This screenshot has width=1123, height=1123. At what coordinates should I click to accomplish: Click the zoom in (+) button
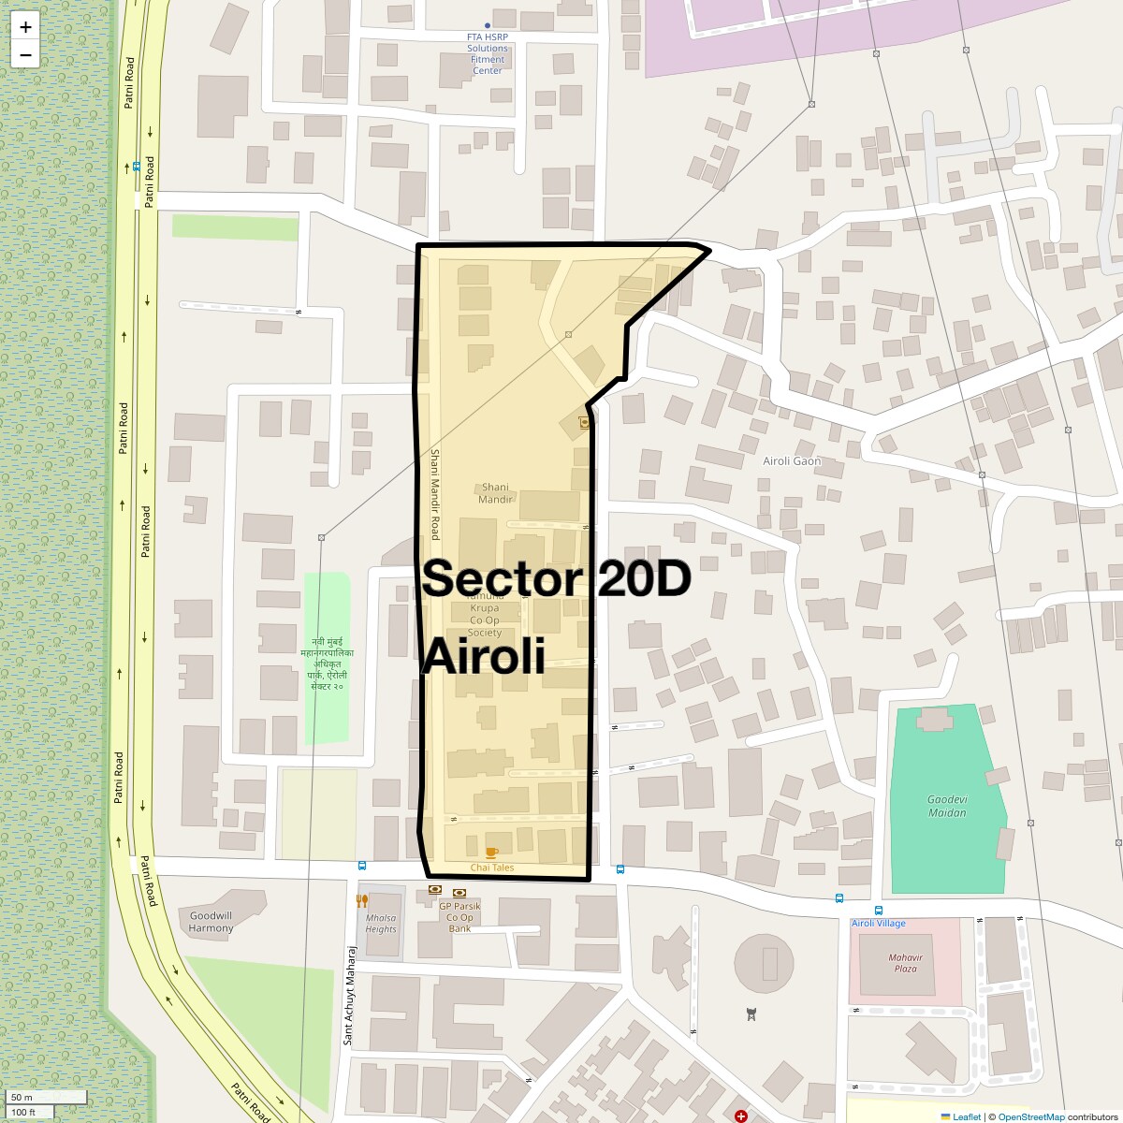pyautogui.click(x=25, y=27)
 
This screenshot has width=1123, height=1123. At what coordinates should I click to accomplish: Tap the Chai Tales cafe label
pyautogui.click(x=491, y=868)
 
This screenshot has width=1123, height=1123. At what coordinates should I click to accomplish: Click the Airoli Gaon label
pyautogui.click(x=792, y=460)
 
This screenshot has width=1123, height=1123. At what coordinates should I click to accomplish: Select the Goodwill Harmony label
pyautogui.click(x=211, y=922)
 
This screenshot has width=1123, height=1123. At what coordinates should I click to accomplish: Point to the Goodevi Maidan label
pyautogui.click(x=947, y=806)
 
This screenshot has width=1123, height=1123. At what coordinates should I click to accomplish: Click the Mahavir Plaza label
pyautogui.click(x=904, y=963)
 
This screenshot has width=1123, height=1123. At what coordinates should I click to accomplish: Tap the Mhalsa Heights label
pyautogui.click(x=381, y=924)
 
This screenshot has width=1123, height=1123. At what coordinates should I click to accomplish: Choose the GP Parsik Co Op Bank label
pyautogui.click(x=459, y=917)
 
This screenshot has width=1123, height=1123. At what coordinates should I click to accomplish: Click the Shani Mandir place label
pyautogui.click(x=495, y=493)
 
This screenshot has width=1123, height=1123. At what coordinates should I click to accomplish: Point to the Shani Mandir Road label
pyautogui.click(x=434, y=494)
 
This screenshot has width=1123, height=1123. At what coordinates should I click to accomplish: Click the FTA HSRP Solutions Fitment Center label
pyautogui.click(x=488, y=53)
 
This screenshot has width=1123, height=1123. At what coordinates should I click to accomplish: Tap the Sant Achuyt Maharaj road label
pyautogui.click(x=350, y=995)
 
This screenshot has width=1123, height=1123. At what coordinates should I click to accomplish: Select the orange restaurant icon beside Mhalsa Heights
pyautogui.click(x=362, y=900)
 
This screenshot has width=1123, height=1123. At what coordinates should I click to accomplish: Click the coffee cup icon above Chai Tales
pyautogui.click(x=491, y=853)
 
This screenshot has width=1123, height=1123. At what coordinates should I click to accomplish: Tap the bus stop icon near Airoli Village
pyautogui.click(x=878, y=910)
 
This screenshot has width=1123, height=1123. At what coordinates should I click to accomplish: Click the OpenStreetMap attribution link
pyautogui.click(x=1030, y=1116)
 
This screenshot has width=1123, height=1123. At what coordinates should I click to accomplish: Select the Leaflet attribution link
pyautogui.click(x=967, y=1116)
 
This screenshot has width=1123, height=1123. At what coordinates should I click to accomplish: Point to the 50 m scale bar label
pyautogui.click(x=22, y=1097)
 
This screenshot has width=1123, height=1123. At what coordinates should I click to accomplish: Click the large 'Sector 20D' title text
pyautogui.click(x=556, y=578)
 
